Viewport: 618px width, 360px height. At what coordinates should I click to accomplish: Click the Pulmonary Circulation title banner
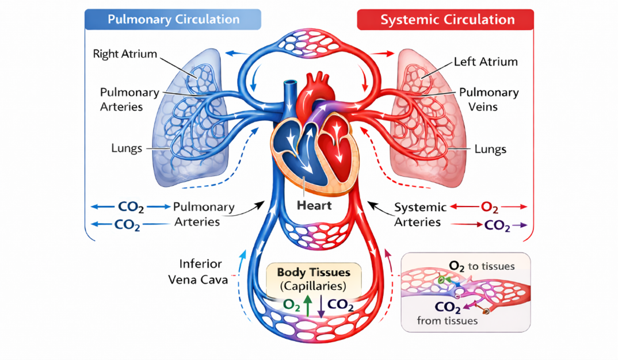coord(173,20)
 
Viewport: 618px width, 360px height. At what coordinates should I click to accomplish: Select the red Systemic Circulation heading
coord(447,20)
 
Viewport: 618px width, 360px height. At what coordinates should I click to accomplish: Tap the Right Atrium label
coord(125,54)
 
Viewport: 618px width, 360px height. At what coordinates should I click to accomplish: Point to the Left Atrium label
coord(485,62)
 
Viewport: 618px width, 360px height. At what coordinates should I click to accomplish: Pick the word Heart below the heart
coord(314,204)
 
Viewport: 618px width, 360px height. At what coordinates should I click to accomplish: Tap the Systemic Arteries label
coord(420,215)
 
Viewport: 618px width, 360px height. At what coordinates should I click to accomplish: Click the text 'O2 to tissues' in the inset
coord(481,266)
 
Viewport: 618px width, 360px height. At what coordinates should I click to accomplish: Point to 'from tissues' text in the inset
coord(447,321)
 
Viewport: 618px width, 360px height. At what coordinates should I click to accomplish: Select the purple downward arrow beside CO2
coord(321,305)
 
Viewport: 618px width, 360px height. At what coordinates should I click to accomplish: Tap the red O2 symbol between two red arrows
coord(489,207)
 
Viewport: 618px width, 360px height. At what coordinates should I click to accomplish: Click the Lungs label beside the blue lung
coord(127,148)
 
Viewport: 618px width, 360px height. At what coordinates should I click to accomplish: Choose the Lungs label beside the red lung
coord(490,150)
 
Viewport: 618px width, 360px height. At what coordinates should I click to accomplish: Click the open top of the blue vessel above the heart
coord(288,84)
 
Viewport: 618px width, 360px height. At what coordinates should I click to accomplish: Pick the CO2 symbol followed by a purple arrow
coord(497,225)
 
